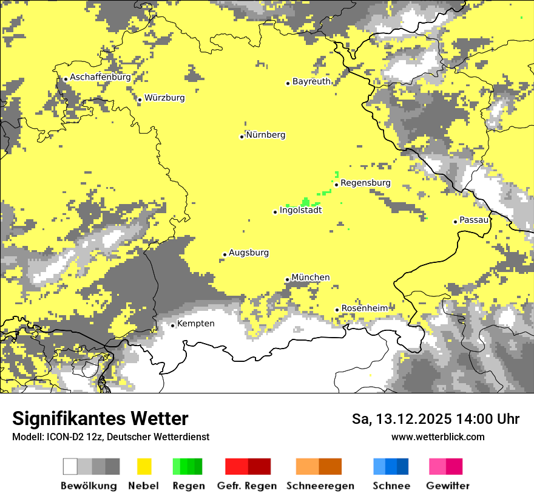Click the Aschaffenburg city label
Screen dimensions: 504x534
[100, 78]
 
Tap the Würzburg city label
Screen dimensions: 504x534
[164, 98]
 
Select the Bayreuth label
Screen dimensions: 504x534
[311, 81]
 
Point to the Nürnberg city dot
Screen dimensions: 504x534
[242, 137]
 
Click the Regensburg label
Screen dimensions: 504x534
[365, 183]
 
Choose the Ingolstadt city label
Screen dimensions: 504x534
[300, 211]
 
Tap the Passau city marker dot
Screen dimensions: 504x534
[455, 222]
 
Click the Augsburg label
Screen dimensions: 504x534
[249, 253]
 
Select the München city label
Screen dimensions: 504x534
[311, 278]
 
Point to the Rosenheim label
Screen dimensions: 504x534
[364, 308]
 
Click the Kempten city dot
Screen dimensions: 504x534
[172, 325]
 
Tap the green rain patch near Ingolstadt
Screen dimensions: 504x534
[305, 202]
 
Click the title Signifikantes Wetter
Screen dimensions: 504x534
[100, 418]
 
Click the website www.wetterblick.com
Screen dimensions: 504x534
[438, 437]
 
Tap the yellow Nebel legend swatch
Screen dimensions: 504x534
[144, 466]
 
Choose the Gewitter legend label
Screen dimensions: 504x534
[447, 486]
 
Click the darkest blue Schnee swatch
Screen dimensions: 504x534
[403, 466]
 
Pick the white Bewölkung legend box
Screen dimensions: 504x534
[70, 466]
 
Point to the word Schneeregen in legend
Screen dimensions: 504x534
[320, 486]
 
